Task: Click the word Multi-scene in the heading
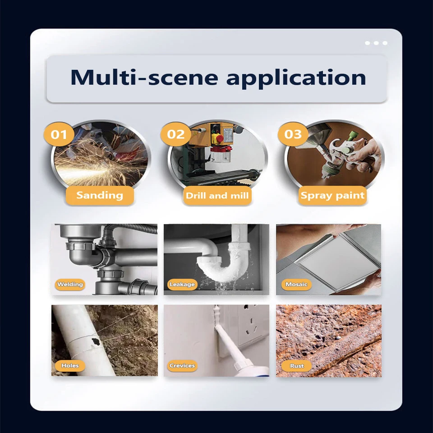(144, 78)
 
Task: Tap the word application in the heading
(296, 78)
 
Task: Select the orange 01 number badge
(59, 134)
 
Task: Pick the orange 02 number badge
(175, 134)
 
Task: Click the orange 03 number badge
(293, 134)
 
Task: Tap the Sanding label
(100, 195)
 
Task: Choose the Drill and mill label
(217, 195)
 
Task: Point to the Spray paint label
(332, 195)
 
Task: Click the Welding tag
(70, 284)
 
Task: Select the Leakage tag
(182, 284)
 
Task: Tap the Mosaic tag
(296, 284)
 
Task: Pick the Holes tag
(70, 365)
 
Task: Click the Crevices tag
(182, 365)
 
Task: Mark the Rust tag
(297, 366)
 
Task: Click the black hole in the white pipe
(95, 341)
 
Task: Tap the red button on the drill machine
(219, 138)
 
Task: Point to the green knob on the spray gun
(353, 136)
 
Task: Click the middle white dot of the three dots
(376, 43)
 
